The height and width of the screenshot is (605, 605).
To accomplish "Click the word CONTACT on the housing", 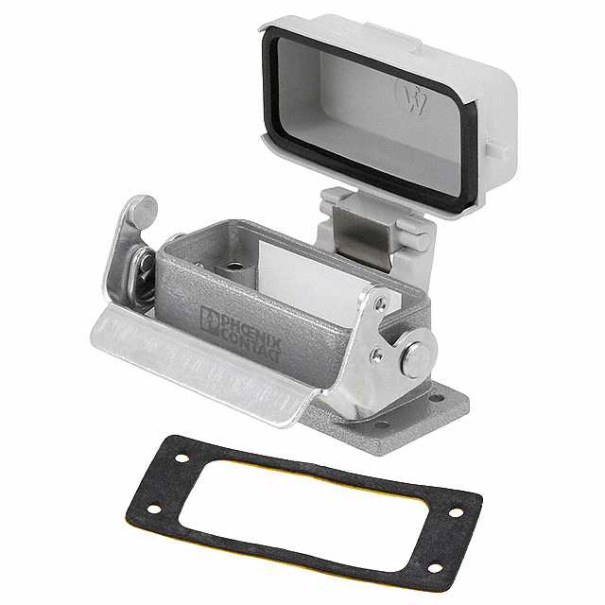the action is [x=251, y=342].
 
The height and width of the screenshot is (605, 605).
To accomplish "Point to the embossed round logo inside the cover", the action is [x=414, y=98].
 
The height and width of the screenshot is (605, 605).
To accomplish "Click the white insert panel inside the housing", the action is [x=309, y=273].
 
